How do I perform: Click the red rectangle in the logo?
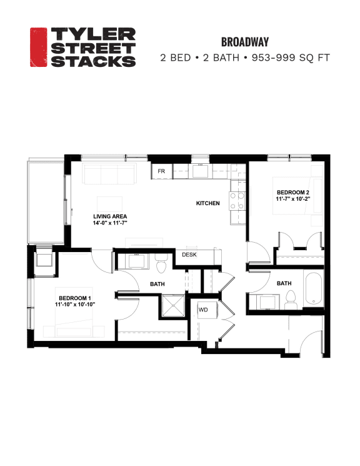pyautogui.click(x=39, y=47)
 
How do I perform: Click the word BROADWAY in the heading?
pyautogui.click(x=244, y=42)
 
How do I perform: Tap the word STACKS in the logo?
pyautogui.click(x=92, y=61)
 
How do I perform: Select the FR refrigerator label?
pyautogui.click(x=161, y=171)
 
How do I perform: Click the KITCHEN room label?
pyautogui.click(x=207, y=203)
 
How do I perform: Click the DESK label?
pyautogui.click(x=189, y=255)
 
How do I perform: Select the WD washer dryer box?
pyautogui.click(x=203, y=310)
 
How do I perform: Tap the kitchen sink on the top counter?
pyautogui.click(x=201, y=170)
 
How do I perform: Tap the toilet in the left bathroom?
pyautogui.click(x=160, y=265)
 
